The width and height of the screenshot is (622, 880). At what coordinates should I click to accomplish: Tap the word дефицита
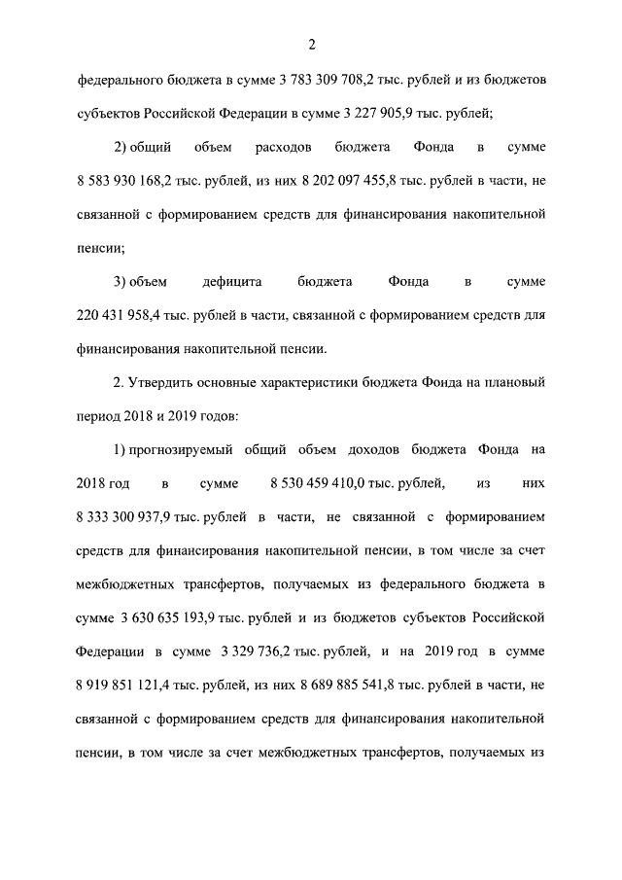(229, 282)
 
